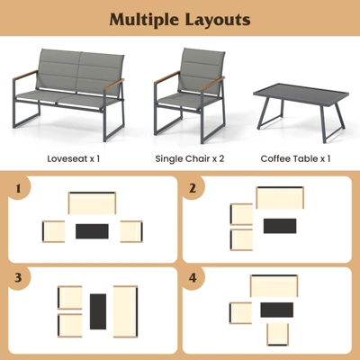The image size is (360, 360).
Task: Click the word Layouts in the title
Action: [219, 20]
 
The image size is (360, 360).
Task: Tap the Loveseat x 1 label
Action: [73, 158]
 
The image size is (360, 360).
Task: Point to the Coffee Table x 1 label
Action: [295, 158]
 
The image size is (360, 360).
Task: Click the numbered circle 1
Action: [18, 190]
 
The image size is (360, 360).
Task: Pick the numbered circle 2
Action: [193, 190]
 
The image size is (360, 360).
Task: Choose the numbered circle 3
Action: [18, 278]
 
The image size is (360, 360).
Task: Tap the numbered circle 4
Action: [193, 278]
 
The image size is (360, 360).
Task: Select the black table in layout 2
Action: [279, 225]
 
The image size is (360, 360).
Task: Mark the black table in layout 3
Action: [97, 311]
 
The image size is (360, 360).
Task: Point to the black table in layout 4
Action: [276, 310]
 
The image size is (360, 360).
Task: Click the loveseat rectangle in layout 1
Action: [93, 202]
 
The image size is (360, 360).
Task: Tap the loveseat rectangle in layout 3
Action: [125, 311]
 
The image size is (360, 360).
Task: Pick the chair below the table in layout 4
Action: [277, 334]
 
